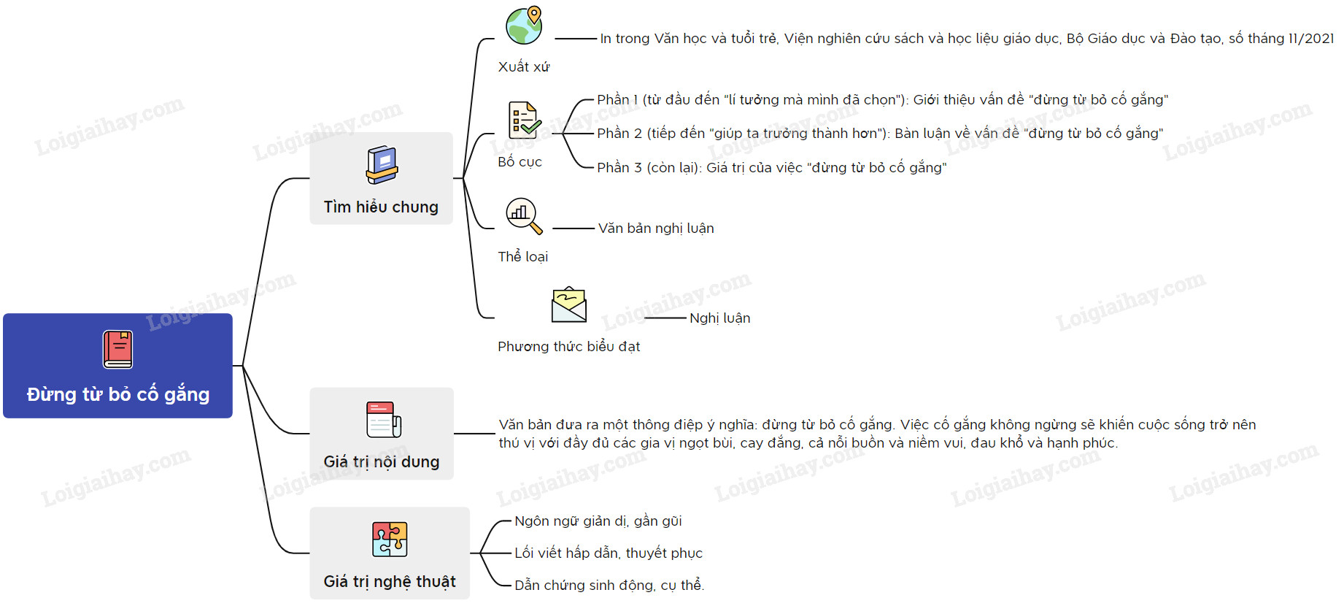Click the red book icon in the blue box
coord(117,349)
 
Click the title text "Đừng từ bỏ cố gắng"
coord(118,394)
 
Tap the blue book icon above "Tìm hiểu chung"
coord(382,165)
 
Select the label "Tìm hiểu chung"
coord(381,207)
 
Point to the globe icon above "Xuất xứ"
coord(525,26)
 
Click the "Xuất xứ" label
coord(523,67)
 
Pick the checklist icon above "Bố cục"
coord(523,120)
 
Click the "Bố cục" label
coord(520,162)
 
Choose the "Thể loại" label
coord(522,257)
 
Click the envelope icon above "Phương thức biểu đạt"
coord(569,305)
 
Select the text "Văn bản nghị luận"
coord(656,229)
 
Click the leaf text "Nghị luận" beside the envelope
coord(719,318)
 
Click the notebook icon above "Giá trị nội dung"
coord(383,420)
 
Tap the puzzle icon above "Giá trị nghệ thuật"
coord(390,540)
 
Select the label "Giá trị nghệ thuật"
coord(390,582)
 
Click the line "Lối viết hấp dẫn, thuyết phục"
coord(609,553)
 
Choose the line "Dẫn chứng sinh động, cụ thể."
coord(609,586)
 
